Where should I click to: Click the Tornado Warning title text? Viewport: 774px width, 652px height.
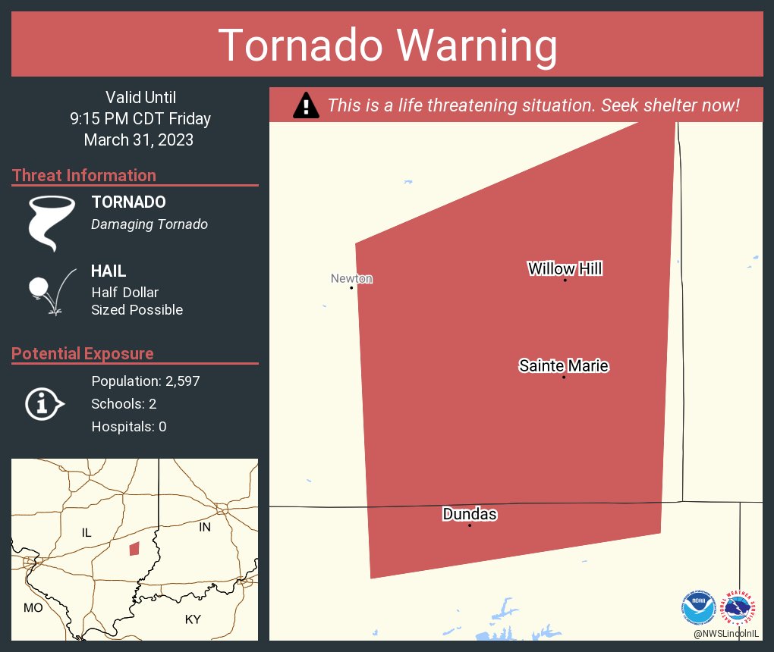388,45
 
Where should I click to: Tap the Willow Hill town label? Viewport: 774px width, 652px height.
565,268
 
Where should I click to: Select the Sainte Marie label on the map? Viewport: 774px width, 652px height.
564,366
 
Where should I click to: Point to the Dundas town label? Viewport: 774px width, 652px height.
470,515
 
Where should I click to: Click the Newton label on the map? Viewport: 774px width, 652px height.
351,278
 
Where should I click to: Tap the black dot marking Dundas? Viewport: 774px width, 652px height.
470,525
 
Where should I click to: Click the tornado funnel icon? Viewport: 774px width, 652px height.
51,223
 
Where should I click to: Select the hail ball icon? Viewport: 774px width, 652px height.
39,287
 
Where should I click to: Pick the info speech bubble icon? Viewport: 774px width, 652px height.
44,404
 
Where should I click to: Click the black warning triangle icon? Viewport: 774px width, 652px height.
305,105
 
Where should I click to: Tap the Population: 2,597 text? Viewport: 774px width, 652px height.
146,381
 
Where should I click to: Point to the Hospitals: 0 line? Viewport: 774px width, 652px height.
129,427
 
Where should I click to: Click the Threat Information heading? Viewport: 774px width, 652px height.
84,176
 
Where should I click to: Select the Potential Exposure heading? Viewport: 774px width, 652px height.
83,354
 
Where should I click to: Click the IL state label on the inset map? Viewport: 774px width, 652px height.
87,533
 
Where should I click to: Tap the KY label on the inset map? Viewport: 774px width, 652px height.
193,619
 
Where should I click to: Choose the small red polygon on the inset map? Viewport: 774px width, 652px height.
134,548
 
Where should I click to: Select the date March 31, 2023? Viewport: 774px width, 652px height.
139,140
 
